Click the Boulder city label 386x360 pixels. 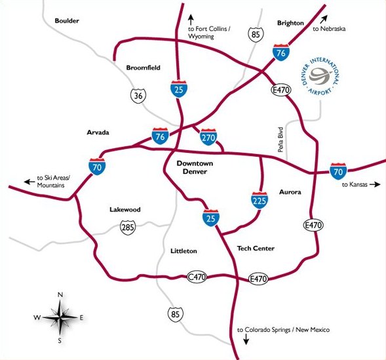[x=67, y=21]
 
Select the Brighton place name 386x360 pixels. [x=290, y=22]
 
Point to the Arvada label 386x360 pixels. [x=98, y=132]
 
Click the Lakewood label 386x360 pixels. [x=125, y=210]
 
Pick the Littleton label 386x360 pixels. [x=183, y=251]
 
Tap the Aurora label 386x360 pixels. [x=290, y=192]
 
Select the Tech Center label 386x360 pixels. [x=254, y=249]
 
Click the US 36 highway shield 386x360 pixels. [x=136, y=96]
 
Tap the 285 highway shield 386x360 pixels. [x=128, y=228]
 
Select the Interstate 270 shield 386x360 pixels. [x=208, y=137]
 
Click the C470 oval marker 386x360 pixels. [x=197, y=277]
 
